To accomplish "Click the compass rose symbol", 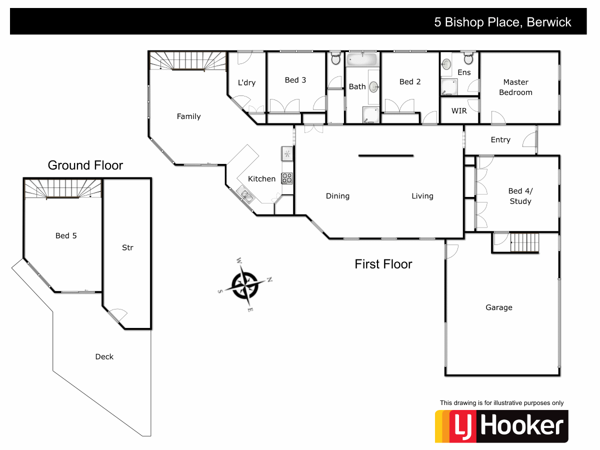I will [x=245, y=284].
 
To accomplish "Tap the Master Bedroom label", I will [x=515, y=87].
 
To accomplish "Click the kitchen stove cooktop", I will [x=286, y=178].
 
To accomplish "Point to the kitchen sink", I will [x=245, y=194].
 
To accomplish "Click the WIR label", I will [x=459, y=110].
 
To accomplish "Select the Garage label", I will [x=498, y=307].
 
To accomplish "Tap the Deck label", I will [x=104, y=356].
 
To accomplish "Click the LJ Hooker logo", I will [x=501, y=426].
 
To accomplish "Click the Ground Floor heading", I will [x=85, y=165].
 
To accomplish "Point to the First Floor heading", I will [x=383, y=264].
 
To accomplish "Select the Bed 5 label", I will [x=66, y=235].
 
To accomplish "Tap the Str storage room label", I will [x=127, y=247].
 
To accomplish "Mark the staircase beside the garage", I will [x=523, y=243].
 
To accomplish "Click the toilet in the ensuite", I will [x=468, y=59].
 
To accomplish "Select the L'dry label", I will [x=246, y=82].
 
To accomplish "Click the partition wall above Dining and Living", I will [x=386, y=155].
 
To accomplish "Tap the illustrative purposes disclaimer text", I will [x=501, y=403].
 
